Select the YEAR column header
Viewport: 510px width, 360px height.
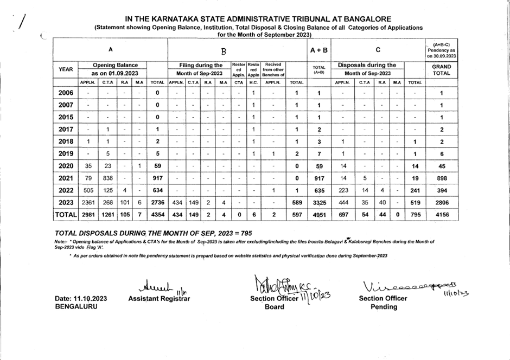[66, 69]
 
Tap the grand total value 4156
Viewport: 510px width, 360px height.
[442, 215]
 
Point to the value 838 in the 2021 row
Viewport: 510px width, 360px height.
[109, 177]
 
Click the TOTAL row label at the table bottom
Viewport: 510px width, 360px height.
[66, 215]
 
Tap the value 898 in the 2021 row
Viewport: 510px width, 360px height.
[442, 177]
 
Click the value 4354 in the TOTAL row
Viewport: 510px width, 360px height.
[157, 215]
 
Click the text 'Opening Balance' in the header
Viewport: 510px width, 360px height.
[114, 65]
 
